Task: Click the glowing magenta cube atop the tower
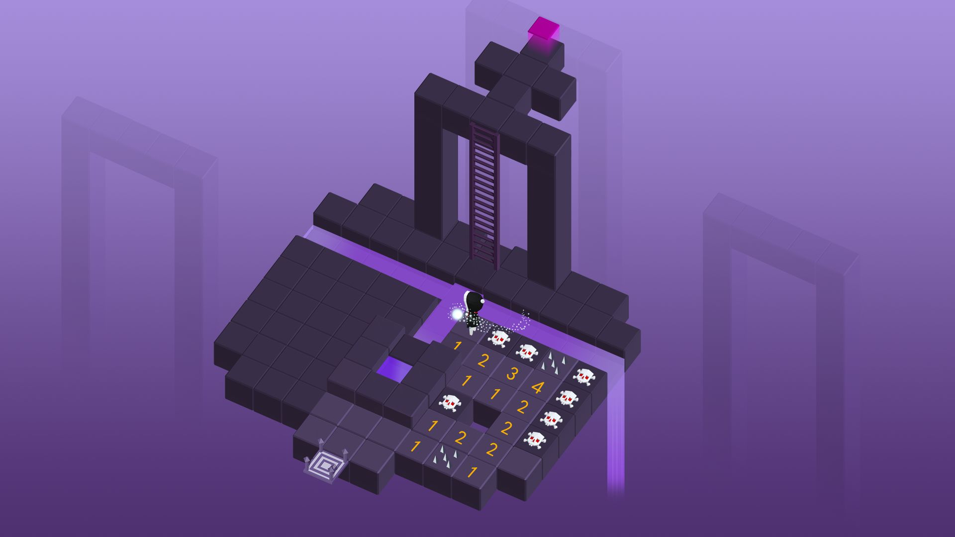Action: [544, 28]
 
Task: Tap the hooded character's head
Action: [474, 301]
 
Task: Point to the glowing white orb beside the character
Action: [457, 314]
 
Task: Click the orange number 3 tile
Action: [511, 373]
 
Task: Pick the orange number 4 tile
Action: [538, 386]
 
